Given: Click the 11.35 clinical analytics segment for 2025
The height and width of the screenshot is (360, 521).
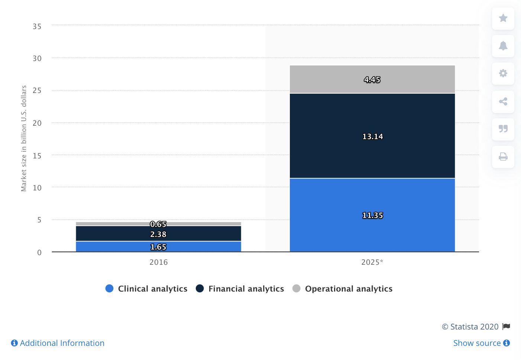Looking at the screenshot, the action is [372, 215].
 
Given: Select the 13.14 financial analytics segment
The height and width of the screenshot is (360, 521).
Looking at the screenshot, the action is [372, 136].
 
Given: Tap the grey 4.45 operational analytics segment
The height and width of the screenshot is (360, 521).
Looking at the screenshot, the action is [372, 79].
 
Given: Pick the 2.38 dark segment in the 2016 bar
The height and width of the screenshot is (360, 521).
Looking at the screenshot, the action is [158, 234].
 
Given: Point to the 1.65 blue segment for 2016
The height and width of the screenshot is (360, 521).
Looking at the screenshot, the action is [158, 247].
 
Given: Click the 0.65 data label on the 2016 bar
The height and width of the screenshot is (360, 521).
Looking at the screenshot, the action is [158, 224].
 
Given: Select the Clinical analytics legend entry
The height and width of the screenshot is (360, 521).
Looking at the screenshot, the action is [146, 289].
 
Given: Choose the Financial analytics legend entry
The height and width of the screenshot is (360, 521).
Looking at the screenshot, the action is [240, 289].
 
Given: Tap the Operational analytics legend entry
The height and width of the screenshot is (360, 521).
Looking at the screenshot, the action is [342, 289].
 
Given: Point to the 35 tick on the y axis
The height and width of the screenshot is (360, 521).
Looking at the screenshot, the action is [37, 26].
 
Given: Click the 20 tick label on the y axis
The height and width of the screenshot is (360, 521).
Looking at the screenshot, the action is [37, 123].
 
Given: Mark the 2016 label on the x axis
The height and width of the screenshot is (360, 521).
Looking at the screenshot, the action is [159, 262].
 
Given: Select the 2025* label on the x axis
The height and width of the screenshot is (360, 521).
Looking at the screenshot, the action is [372, 262].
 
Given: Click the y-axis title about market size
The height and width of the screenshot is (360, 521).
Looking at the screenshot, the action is [24, 138].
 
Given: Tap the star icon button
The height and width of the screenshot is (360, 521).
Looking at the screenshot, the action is [503, 18].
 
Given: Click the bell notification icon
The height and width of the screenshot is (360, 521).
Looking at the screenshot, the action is [503, 46].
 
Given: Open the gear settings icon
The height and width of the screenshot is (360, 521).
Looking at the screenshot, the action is [503, 74].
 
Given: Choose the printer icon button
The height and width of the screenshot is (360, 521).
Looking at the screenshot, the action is [503, 157].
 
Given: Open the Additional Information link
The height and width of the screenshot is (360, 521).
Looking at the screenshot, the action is [58, 343].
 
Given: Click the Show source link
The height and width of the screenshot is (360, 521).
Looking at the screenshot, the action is [482, 343].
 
